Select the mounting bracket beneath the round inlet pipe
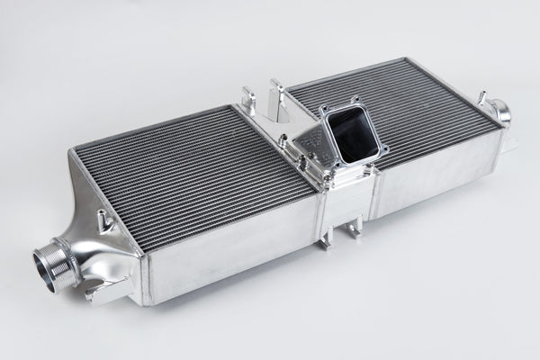coord(97,291)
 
